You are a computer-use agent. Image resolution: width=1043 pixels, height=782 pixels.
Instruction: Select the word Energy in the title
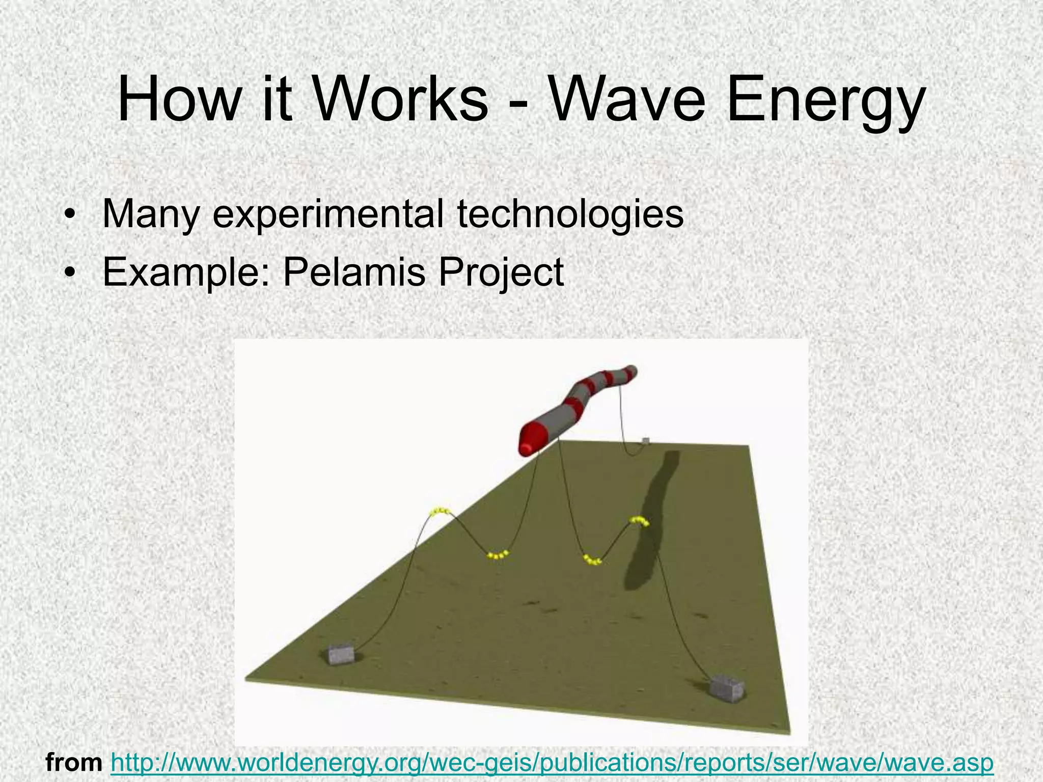click(825, 102)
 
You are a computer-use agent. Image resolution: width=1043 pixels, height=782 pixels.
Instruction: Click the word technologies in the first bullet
click(570, 215)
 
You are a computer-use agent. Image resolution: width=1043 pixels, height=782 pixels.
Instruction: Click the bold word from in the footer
click(74, 763)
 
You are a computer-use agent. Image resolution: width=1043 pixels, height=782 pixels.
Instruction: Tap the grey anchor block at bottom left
click(341, 654)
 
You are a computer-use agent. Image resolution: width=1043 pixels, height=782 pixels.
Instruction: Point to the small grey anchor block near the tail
click(646, 440)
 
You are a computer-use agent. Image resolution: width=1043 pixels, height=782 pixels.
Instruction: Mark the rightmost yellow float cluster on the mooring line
click(640, 521)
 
